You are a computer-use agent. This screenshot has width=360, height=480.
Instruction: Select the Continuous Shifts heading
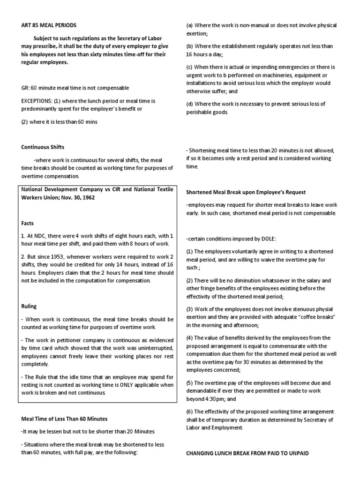point(43,147)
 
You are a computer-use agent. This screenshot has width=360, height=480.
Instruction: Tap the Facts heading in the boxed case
point(27,224)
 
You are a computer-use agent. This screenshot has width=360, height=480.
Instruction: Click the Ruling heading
point(29,306)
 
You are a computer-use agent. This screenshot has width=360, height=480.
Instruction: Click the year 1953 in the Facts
point(60,256)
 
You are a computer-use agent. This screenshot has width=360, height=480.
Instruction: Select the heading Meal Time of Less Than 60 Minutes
point(65,418)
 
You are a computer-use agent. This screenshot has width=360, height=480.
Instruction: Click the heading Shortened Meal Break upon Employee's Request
point(247,192)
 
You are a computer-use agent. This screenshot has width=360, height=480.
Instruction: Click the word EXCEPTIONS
point(37,101)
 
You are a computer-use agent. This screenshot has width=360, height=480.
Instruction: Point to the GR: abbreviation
point(25,88)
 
